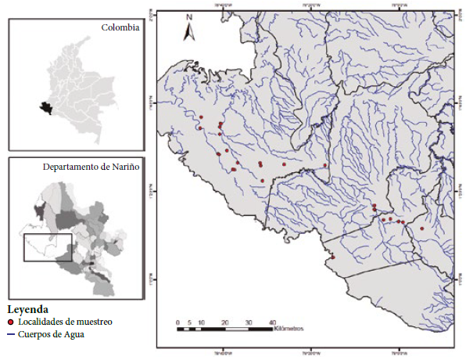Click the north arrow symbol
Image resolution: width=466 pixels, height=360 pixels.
[188, 31]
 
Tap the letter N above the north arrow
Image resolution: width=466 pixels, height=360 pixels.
[189, 16]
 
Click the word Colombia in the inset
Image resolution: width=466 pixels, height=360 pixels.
[120, 27]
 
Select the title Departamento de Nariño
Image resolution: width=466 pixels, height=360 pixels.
[91, 167]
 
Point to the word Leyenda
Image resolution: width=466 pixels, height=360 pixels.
[27, 308]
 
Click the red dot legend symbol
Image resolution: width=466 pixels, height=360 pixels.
[11, 322]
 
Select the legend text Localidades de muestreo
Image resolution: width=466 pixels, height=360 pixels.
[66, 322]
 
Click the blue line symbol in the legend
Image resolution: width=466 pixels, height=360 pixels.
[11, 334]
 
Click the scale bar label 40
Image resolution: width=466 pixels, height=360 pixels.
[272, 322]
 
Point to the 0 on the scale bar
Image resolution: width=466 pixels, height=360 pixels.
[177, 322]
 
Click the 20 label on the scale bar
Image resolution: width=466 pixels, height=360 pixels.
[225, 322]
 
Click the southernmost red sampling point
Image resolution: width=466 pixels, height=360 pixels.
[332, 257]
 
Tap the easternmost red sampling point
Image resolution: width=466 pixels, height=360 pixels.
[421, 229]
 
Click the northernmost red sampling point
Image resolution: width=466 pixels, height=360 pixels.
[201, 117]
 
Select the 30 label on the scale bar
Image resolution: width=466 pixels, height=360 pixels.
[249, 322]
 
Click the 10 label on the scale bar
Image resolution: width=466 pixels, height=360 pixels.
[201, 322]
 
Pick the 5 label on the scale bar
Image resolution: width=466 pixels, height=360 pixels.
[189, 322]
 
